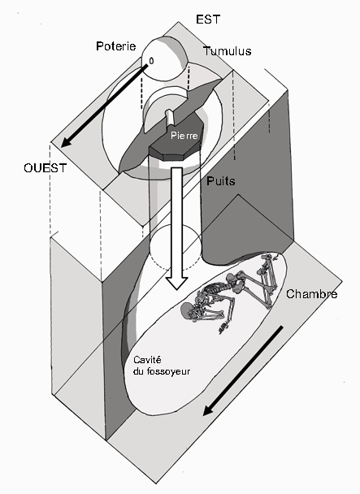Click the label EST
pos(208,19)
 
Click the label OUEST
pos(45,168)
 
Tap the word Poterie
pos(116,46)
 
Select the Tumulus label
pos(227,50)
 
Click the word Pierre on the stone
pos(184,136)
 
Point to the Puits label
pos(221,181)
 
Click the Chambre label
pos(311,294)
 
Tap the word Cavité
pos(147,360)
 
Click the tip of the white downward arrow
pos(177,289)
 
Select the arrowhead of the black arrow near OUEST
pos(67,141)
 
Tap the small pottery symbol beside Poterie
pos(151,61)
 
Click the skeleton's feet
pos(273,257)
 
